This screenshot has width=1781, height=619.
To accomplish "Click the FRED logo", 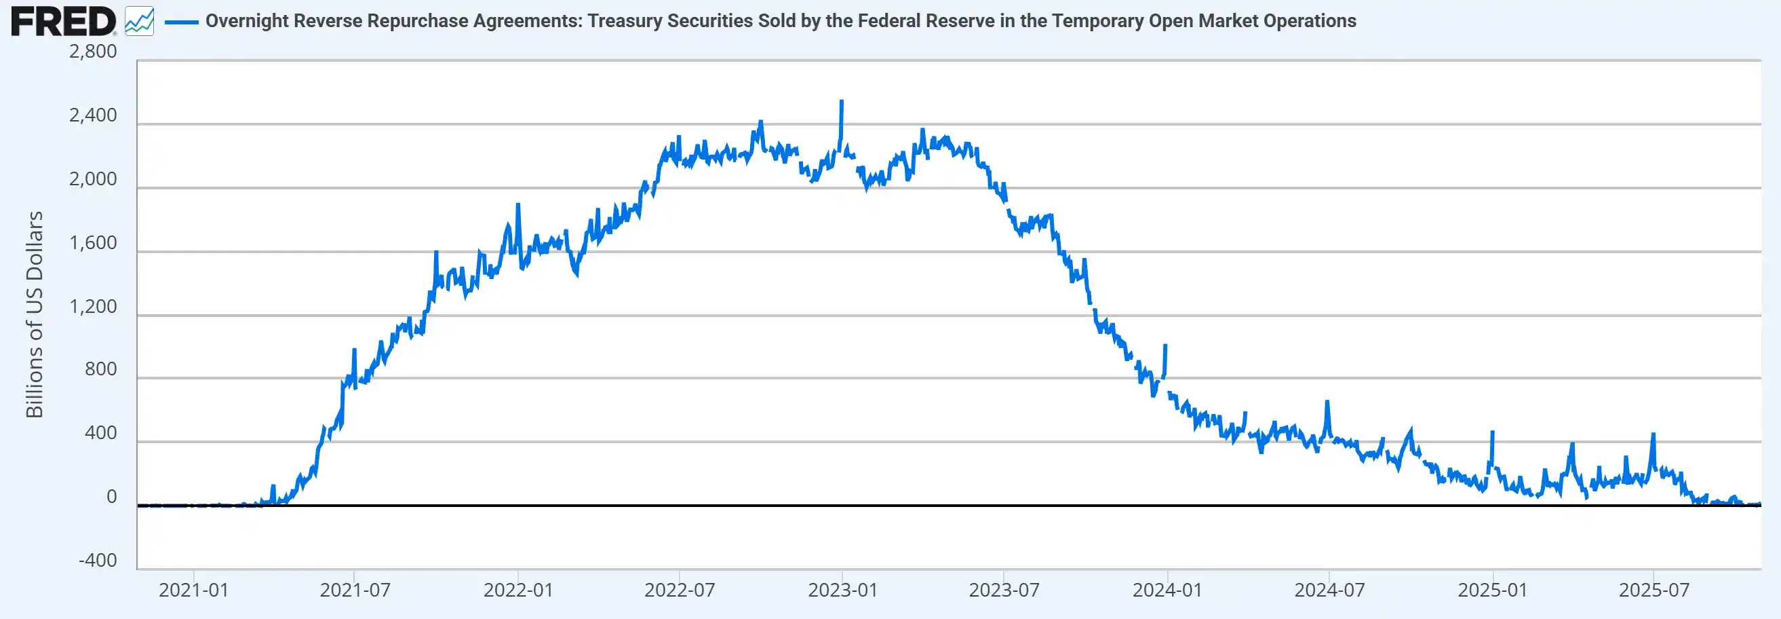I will [64, 21].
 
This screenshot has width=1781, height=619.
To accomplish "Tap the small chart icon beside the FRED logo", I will [139, 22].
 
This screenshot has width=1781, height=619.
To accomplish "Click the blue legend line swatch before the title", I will [182, 22].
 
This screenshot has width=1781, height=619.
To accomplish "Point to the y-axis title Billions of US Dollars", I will [35, 315].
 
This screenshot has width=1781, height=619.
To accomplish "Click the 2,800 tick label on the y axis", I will [94, 52].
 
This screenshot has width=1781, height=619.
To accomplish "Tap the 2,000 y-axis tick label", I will [94, 179].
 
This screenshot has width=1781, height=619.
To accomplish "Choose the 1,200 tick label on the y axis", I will [94, 306].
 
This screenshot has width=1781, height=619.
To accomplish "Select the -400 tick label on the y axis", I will [98, 560].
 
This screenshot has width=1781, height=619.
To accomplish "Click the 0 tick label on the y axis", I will [111, 497].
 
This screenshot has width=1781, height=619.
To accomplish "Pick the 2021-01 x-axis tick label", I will [193, 590].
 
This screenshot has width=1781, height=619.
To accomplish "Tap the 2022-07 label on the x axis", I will [680, 590].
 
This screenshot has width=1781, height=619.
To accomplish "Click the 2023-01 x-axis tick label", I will [842, 590].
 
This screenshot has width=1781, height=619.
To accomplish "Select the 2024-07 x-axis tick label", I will [1329, 590].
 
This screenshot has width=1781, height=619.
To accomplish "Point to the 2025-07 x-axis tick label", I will [1653, 590].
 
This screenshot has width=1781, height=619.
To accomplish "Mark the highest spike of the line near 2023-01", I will [842, 101].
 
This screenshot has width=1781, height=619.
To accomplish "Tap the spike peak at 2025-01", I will [1493, 432].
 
